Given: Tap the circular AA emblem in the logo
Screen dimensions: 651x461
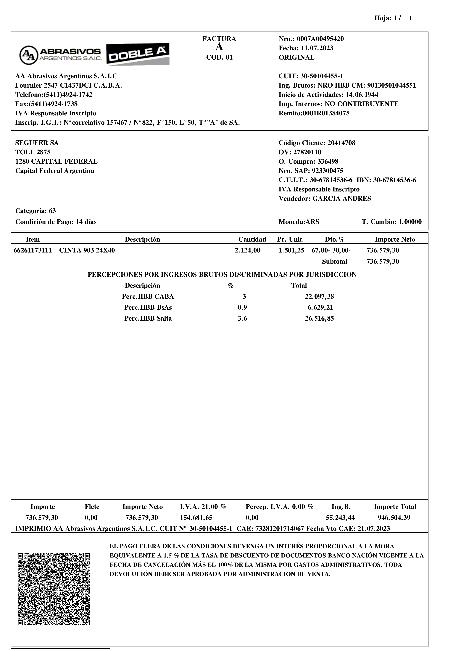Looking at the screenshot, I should tap(28, 55).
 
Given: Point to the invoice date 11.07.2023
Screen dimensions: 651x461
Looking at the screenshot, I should tap(317, 48).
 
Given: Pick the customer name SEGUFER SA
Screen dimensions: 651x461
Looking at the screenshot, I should tap(37, 143).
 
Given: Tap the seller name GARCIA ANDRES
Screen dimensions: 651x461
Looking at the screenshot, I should tap(342, 199).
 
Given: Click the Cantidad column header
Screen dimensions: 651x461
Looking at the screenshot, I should tap(252, 240).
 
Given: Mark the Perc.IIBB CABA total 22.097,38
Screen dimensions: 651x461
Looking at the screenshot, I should tap(319, 297).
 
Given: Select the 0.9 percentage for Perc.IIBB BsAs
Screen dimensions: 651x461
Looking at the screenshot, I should tap(242, 308).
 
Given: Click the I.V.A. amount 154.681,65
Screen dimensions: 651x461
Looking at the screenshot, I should tap(196, 518).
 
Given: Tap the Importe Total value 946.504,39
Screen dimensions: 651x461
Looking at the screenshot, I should tap(394, 518).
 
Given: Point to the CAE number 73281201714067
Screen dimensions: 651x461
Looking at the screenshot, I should tap(280, 529).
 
